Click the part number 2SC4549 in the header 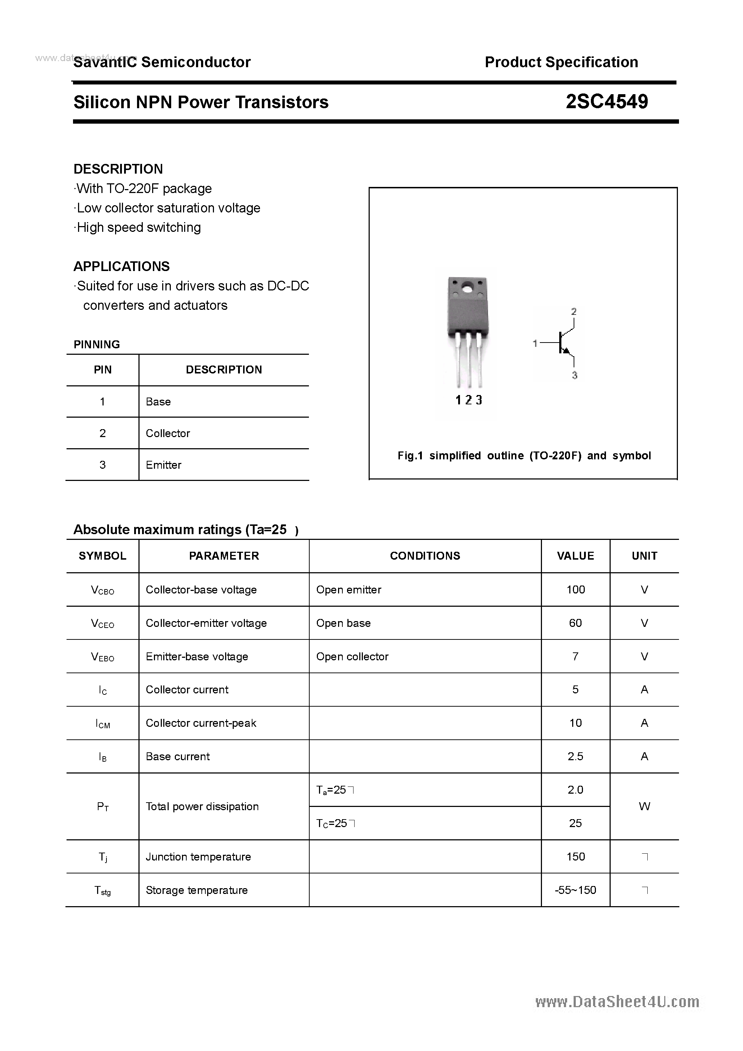click(x=606, y=102)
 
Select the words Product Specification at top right click(x=561, y=62)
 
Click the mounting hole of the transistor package click(x=467, y=289)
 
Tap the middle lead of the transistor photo click(x=469, y=362)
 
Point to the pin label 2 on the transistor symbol click(x=574, y=312)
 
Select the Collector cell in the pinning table click(x=168, y=433)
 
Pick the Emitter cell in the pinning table click(x=164, y=465)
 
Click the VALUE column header click(x=575, y=556)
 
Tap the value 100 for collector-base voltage click(x=575, y=589)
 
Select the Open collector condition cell click(x=352, y=656)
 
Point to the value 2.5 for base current click(x=575, y=757)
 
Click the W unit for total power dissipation click(x=644, y=807)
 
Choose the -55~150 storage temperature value click(x=575, y=890)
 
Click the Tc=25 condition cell click(x=335, y=823)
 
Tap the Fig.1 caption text click(x=524, y=455)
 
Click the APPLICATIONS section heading click(x=122, y=266)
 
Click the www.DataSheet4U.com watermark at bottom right click(x=617, y=1002)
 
